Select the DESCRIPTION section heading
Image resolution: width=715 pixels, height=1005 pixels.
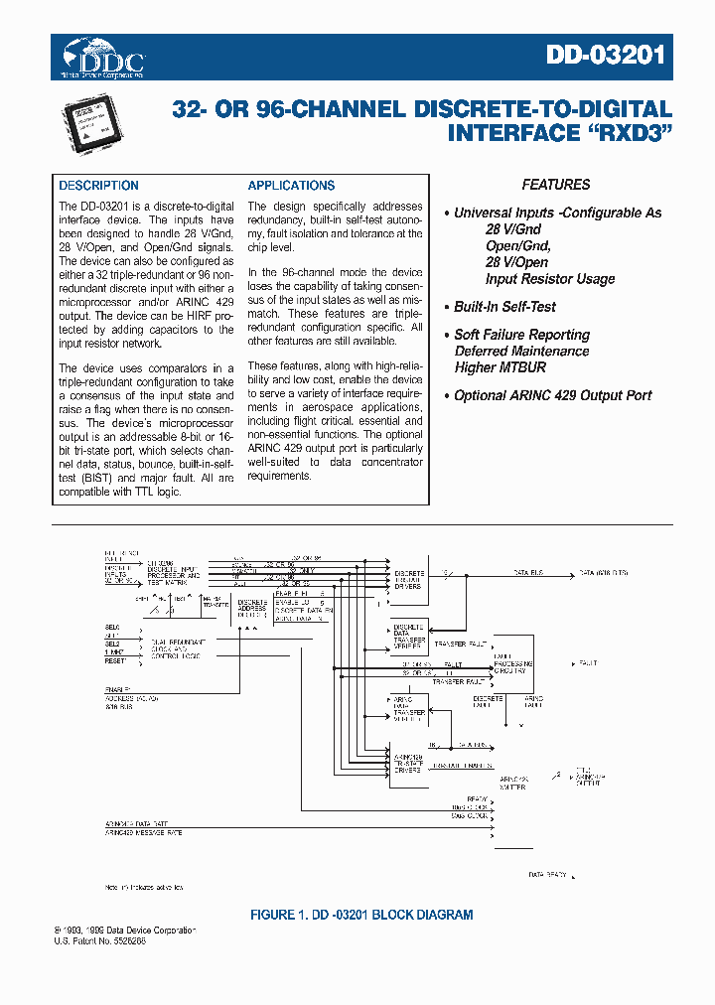point(98,186)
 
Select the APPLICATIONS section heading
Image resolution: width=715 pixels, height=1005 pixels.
point(291,186)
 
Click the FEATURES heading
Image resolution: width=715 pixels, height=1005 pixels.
point(556,185)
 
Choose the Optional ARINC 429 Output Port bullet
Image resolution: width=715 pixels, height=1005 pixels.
point(552,395)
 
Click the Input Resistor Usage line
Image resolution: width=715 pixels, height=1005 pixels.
point(549,279)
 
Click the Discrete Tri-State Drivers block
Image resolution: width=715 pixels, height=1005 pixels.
point(409,580)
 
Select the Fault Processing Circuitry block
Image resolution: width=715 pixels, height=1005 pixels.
point(513,662)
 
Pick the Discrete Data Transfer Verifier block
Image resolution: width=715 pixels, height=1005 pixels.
point(409,637)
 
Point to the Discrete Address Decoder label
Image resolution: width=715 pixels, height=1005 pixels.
point(253,609)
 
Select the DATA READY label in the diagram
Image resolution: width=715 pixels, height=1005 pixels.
point(547,875)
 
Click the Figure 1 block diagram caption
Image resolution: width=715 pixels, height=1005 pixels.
point(360,915)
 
